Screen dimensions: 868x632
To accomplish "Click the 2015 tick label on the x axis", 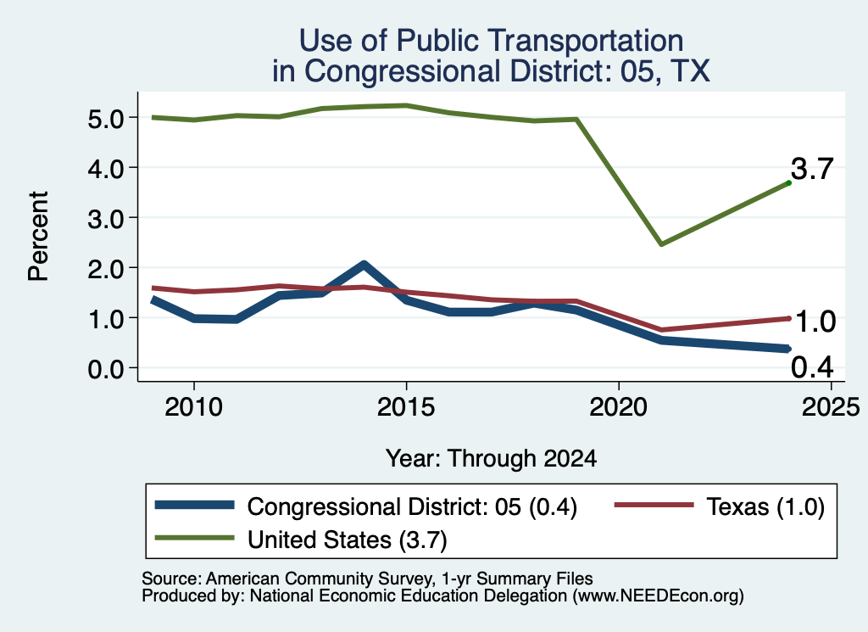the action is (x=406, y=407).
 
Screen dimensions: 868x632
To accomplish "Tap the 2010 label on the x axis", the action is (x=193, y=407).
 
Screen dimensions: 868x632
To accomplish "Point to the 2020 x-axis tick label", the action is (x=618, y=407).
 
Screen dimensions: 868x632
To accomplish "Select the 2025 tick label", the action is (x=831, y=407).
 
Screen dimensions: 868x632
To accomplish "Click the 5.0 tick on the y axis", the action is (x=105, y=119).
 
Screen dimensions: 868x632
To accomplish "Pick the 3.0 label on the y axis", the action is (x=105, y=219).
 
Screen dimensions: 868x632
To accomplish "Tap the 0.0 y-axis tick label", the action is (x=105, y=369).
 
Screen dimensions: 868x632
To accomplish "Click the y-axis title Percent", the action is (x=38, y=236).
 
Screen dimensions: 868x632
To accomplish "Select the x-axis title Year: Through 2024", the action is (x=491, y=459).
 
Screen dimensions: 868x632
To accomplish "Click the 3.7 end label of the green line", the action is (x=811, y=168).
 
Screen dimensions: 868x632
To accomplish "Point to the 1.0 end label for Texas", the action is (x=815, y=322).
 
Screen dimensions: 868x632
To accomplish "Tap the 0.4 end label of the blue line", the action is (x=812, y=366).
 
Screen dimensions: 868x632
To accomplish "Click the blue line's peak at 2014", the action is (x=364, y=265).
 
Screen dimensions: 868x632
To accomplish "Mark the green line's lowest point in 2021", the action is (x=661, y=243).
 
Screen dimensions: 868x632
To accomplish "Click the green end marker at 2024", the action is (x=788, y=182).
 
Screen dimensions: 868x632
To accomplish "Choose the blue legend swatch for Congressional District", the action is (x=194, y=505).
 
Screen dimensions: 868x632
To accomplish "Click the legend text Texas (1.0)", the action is (x=765, y=506).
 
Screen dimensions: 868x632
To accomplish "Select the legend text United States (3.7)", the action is (x=347, y=540).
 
